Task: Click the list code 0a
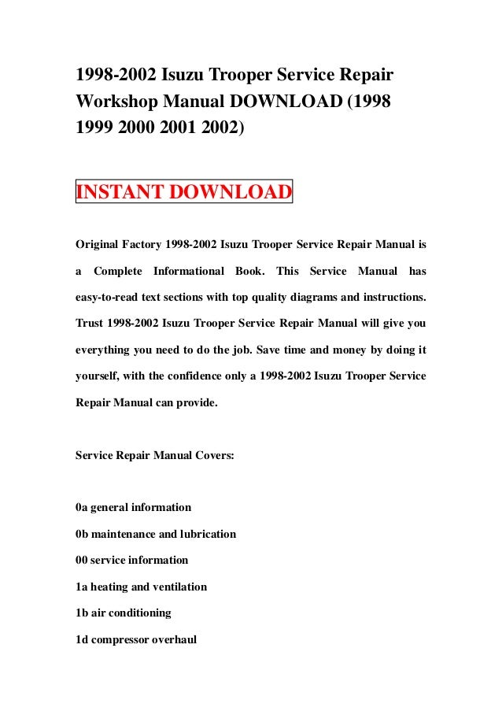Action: coord(81,506)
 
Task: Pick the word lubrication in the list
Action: coord(207,533)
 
